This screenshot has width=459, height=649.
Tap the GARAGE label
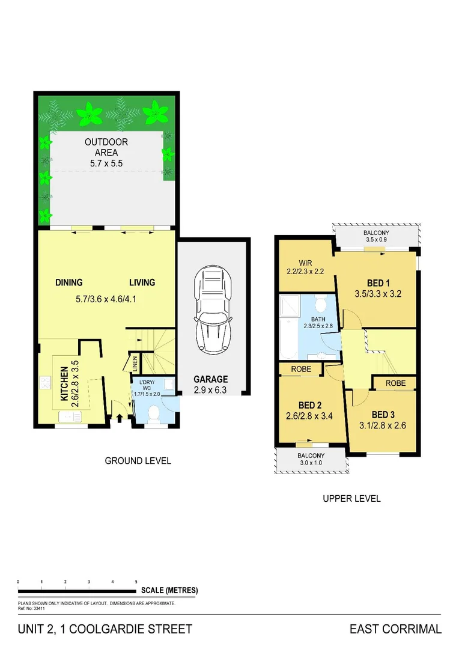pos(210,379)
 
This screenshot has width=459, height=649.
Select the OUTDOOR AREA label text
pos(106,147)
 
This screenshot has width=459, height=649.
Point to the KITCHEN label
pos(64,385)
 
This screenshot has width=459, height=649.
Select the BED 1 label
pos(378,282)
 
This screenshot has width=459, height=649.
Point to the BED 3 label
pos(383,415)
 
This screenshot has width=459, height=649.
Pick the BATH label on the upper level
pos(319,319)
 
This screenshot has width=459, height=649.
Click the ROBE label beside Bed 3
pos(395,383)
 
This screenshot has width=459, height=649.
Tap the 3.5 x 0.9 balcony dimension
pos(376,240)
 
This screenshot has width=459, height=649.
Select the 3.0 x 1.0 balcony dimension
pos(311,463)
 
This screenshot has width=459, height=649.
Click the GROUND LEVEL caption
pos(138,461)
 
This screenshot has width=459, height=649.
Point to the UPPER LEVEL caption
pos(351,498)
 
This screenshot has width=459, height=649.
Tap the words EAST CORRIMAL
pos(395,629)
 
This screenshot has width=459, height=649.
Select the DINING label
pos(69,282)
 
